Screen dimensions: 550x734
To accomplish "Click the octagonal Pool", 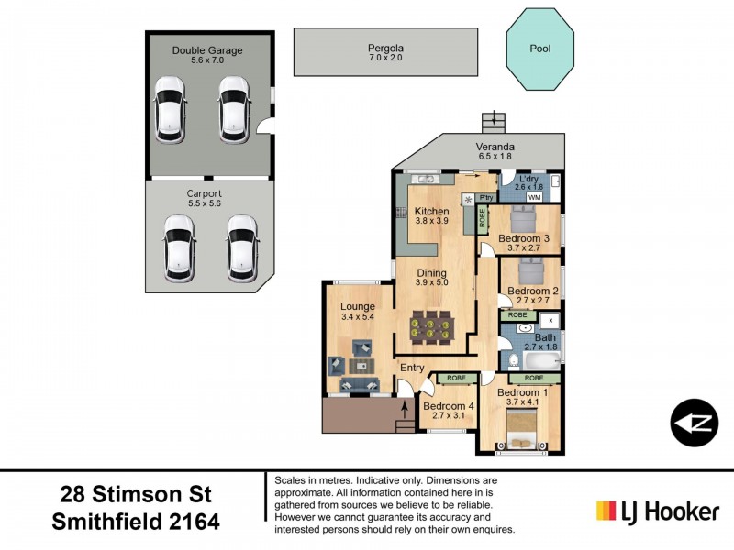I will [x=540, y=49].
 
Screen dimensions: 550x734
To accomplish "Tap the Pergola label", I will [x=386, y=48].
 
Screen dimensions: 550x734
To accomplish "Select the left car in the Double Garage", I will [x=170, y=107].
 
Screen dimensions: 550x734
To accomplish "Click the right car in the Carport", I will [x=241, y=248].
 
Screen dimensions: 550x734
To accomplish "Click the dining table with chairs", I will [x=431, y=327].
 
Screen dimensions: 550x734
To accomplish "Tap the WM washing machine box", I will [x=534, y=197].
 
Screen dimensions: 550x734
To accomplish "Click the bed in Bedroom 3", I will [x=523, y=220].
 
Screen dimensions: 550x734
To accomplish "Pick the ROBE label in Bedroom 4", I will [x=456, y=378].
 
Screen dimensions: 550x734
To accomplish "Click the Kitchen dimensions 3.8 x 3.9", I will [x=431, y=221].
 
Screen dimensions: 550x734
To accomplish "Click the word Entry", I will [x=411, y=368].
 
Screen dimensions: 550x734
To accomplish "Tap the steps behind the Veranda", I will [x=495, y=120].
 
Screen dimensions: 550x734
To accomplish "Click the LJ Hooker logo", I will [x=657, y=511].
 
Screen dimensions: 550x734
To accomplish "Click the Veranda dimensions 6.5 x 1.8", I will [x=494, y=157].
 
